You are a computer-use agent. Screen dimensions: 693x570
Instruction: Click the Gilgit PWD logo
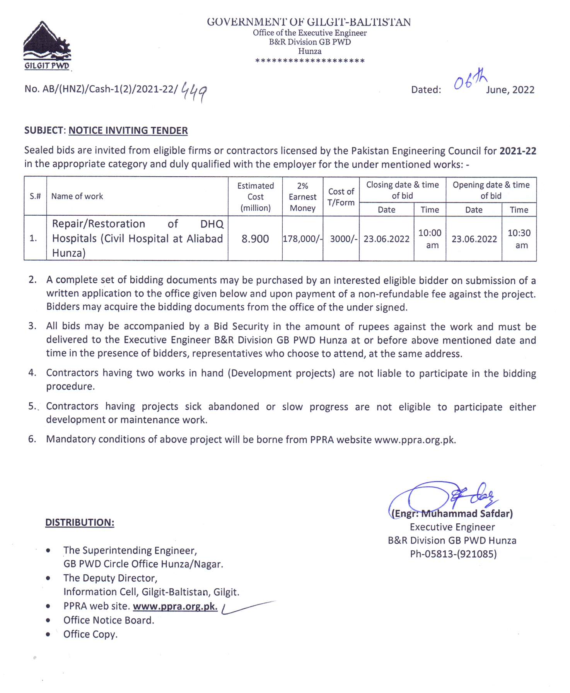coord(47,46)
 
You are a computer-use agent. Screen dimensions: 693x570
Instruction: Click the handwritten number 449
coord(194,92)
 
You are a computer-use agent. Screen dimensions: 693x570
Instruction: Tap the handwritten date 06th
coord(469,80)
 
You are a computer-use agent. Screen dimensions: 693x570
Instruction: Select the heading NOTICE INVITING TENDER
coord(128,131)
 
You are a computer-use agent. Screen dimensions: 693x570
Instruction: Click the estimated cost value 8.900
coord(255,239)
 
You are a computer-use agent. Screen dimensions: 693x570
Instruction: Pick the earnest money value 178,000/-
coord(302,239)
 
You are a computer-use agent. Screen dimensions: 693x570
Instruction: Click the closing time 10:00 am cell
coord(430,239)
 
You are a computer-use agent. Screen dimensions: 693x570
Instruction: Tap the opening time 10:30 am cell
coord(519,239)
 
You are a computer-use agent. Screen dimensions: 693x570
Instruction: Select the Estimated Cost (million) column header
coord(255,197)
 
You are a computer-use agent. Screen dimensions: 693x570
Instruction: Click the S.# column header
coord(35,196)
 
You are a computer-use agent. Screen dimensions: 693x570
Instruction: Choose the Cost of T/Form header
coord(341,197)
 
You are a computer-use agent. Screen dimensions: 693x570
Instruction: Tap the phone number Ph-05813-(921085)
coord(453,554)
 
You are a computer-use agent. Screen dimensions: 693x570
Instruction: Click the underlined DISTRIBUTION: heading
coord(80,523)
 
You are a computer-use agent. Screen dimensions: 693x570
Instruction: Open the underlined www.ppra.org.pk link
coord(175,606)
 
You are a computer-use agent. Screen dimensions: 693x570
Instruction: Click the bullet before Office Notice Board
coord(48,620)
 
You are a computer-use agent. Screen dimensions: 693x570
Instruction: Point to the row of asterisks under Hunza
coord(310,61)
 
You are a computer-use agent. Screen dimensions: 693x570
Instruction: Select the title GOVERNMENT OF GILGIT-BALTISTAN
coord(309,22)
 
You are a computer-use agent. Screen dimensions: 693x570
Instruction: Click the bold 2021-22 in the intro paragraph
coord(517,151)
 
